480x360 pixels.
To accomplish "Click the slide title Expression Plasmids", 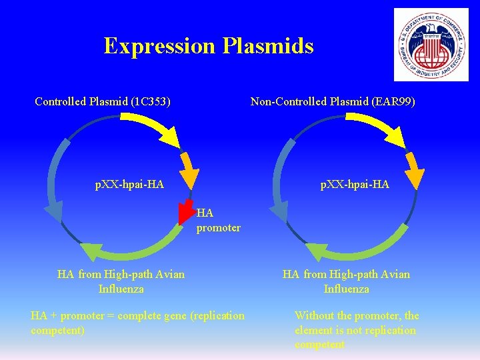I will (x=209, y=46).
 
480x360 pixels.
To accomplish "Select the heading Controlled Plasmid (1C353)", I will (x=103, y=102).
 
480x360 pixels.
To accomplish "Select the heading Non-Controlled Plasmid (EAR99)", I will (x=333, y=102).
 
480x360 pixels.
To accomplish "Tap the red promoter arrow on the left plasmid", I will (x=187, y=209).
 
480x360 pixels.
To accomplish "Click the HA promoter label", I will (x=217, y=221).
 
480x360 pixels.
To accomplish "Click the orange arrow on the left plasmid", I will (x=191, y=169).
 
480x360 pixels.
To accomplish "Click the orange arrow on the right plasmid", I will (x=415, y=169).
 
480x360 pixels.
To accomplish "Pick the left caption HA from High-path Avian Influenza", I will (x=121, y=281).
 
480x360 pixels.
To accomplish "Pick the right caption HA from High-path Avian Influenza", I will (x=346, y=281).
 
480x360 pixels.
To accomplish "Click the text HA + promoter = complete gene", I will (x=137, y=323).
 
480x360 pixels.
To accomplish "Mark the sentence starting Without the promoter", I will (x=357, y=330).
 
